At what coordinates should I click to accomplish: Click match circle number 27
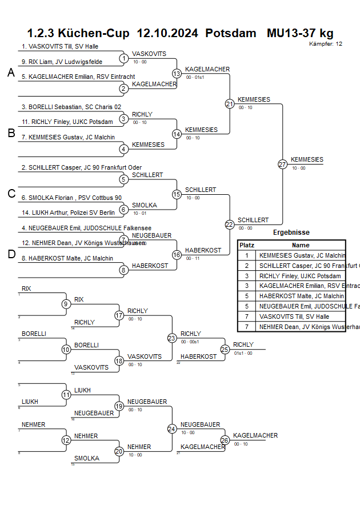coord(282,164)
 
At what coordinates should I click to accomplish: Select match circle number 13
coord(177,73)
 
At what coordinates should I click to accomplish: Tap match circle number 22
coord(229,225)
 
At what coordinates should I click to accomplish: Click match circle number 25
coord(225,349)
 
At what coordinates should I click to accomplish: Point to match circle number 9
coord(66,304)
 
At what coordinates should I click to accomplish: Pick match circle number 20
coord(119,451)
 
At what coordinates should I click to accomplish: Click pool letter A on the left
coord(11,73)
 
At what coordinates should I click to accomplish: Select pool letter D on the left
coord(11,254)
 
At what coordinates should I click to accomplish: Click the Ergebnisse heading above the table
coord(291,233)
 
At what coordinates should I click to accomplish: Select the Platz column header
coord(247,245)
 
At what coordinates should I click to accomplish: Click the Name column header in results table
coord(301,245)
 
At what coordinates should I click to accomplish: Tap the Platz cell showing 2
coord(247,266)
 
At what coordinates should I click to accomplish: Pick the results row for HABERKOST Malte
coord(301,296)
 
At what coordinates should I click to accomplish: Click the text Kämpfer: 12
coord(326,43)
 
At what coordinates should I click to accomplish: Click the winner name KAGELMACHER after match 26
coord(255,435)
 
